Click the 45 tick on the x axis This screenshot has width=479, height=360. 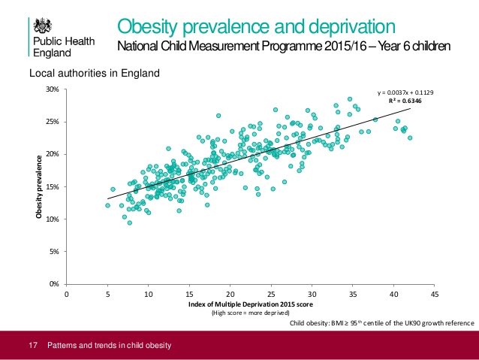click(435, 294)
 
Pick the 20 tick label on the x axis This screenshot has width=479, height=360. click(230, 294)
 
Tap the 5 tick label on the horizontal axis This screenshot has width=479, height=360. click(107, 294)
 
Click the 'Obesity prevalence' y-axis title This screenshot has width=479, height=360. click(35, 187)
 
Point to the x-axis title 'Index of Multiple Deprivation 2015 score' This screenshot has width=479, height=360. click(250, 304)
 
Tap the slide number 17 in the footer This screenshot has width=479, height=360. click(32, 346)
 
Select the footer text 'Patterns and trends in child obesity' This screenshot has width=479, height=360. click(110, 346)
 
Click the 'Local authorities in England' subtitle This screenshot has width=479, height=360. click(94, 74)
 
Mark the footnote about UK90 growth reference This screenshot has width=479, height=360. click(381, 323)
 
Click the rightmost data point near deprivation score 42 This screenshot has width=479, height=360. click(410, 138)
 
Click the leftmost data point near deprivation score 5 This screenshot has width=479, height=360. click(107, 205)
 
